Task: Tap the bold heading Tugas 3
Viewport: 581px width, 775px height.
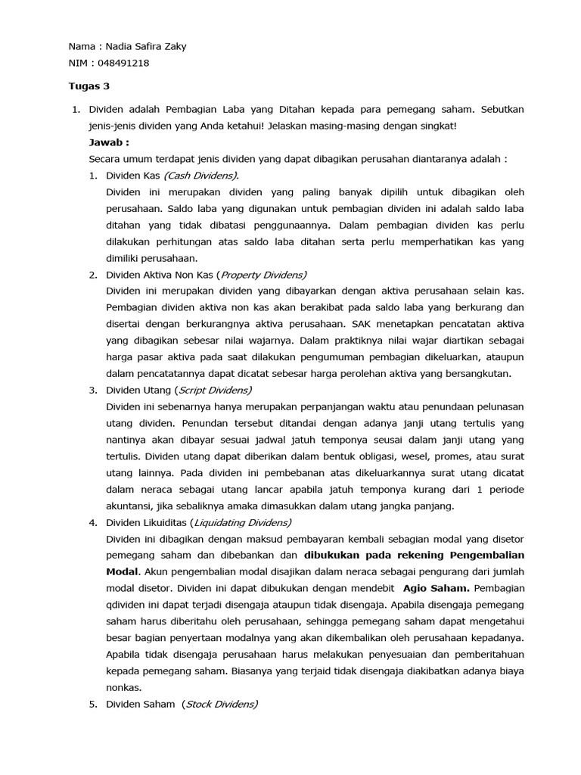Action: click(x=89, y=86)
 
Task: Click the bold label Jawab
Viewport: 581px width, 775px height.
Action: click(x=108, y=142)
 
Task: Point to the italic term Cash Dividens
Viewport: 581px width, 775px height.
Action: click(x=200, y=176)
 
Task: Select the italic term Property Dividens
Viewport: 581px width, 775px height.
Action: click(x=264, y=275)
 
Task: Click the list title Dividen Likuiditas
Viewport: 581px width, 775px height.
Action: click(x=147, y=522)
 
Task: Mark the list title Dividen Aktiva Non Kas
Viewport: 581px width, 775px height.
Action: click(x=160, y=275)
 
